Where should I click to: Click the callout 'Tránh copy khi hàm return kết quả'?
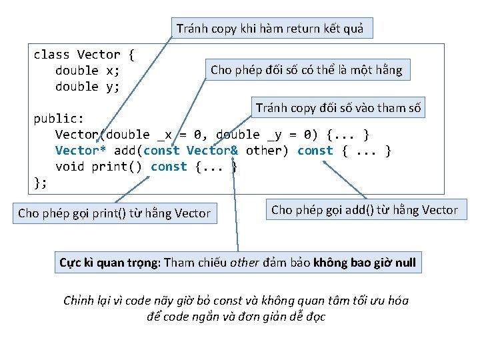pyautogui.click(x=270, y=28)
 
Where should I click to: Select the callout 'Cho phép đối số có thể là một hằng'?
pyautogui.click(x=307, y=70)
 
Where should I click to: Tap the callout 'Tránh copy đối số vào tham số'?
pyautogui.click(x=339, y=108)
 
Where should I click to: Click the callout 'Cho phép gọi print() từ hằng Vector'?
pyautogui.click(x=114, y=213)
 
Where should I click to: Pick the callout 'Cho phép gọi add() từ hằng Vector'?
pyautogui.click(x=365, y=210)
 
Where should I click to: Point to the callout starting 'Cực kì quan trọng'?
pyautogui.click(x=237, y=262)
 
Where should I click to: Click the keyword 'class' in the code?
pyautogui.click(x=51, y=55)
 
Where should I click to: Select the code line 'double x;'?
pyautogui.click(x=87, y=71)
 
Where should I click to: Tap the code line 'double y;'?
pyautogui.click(x=87, y=87)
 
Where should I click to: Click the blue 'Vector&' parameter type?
pyautogui.click(x=212, y=151)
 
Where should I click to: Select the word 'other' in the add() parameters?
pyautogui.click(x=267, y=151)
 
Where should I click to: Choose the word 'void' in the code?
pyautogui.click(x=69, y=167)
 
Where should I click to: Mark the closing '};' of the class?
pyautogui.click(x=41, y=182)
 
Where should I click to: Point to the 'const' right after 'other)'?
pyautogui.click(x=315, y=151)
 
